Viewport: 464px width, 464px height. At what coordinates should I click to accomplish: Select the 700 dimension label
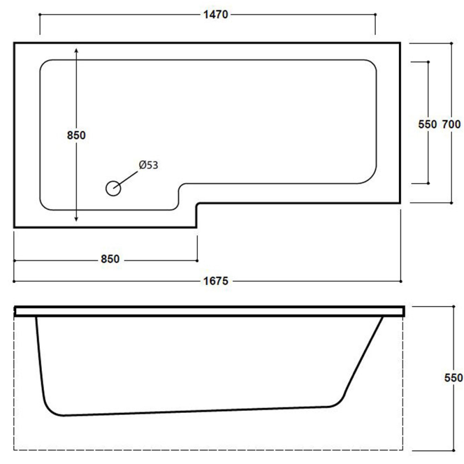coord(451,124)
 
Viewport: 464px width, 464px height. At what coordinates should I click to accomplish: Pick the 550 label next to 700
coord(427,124)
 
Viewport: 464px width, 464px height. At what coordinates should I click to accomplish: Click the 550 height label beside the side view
coord(454,378)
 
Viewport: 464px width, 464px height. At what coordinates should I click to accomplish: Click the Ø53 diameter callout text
coord(148,165)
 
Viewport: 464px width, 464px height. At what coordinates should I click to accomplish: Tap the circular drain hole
coord(113,188)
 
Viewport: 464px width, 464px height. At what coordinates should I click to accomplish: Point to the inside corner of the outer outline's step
coord(197,203)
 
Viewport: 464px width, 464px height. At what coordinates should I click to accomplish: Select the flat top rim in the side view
coord(209,311)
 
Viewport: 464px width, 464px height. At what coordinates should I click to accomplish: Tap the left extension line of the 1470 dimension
coord(39,24)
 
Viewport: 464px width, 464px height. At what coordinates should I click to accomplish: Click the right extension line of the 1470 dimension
coord(375,24)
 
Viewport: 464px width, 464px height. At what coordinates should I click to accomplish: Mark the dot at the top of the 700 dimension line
coord(451,43)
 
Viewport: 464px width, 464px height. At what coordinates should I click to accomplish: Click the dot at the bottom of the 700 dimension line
coord(451,203)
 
